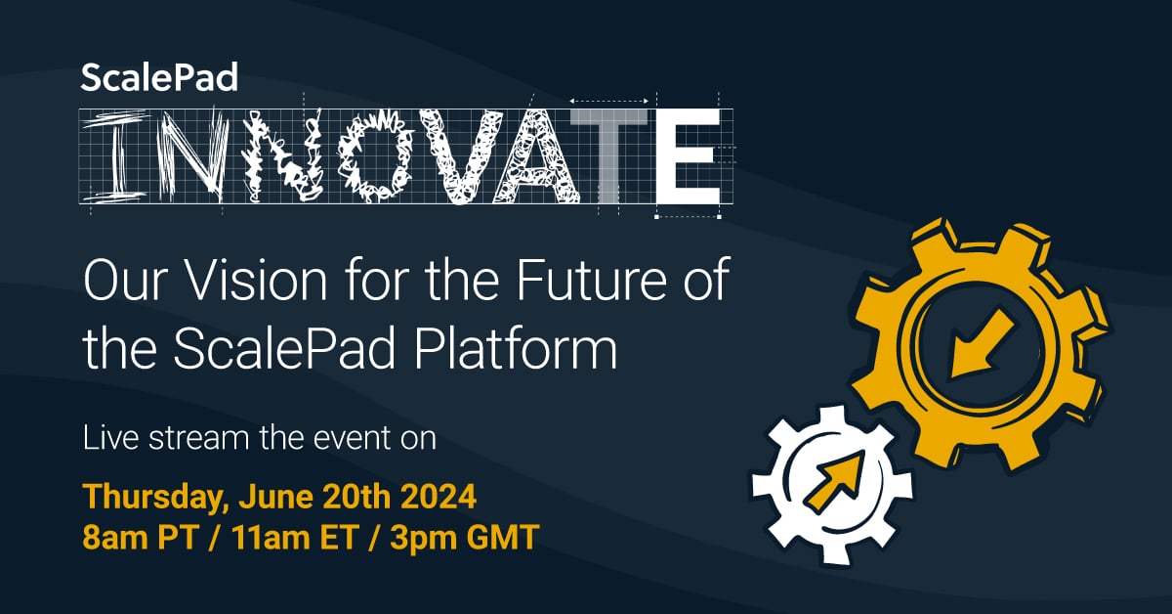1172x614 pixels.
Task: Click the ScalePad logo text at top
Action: tap(158, 77)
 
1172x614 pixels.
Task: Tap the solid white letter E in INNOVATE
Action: tap(689, 154)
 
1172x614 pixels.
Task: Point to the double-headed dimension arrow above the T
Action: tap(610, 101)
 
